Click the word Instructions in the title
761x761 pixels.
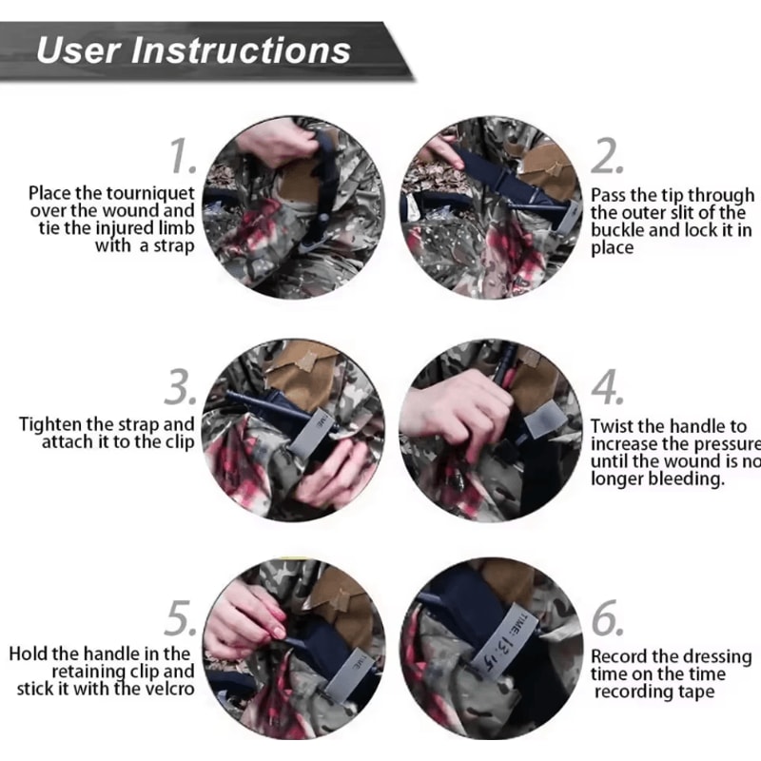244,49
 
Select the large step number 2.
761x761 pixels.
607,154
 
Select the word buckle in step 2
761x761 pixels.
618,230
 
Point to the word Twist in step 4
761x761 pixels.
614,426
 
